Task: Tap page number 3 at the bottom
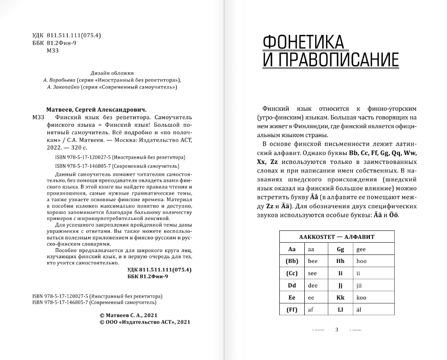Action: pyautogui.click(x=337, y=329)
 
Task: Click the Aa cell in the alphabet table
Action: pyautogui.click(x=292, y=249)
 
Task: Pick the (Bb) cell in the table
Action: pyautogui.click(x=292, y=261)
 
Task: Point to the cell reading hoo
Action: pyautogui.click(x=361, y=261)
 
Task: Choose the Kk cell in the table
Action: pyautogui.click(x=341, y=298)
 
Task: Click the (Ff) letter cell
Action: pyautogui.click(x=292, y=310)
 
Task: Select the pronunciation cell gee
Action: pyautogui.click(x=361, y=249)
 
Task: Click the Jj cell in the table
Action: pyautogui.click(x=341, y=286)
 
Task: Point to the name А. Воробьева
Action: pyautogui.click(x=58, y=80)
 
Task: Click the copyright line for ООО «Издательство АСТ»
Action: pyautogui.click(x=145, y=322)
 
